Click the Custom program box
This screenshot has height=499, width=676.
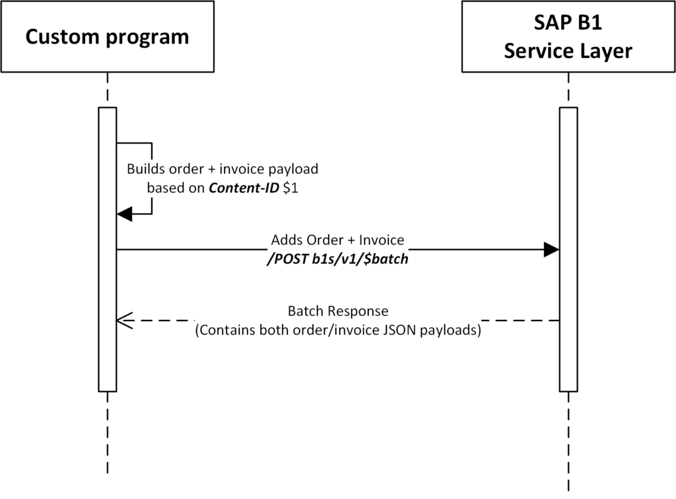tap(107, 36)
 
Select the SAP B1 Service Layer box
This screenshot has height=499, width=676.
tap(568, 36)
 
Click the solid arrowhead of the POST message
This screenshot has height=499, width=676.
tap(552, 250)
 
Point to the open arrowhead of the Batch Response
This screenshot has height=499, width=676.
tap(123, 321)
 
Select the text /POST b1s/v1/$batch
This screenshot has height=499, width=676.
tap(337, 260)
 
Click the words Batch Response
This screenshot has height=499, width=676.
tap(338, 311)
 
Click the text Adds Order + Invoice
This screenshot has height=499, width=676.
tap(337, 240)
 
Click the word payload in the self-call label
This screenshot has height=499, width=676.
tap(294, 169)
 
